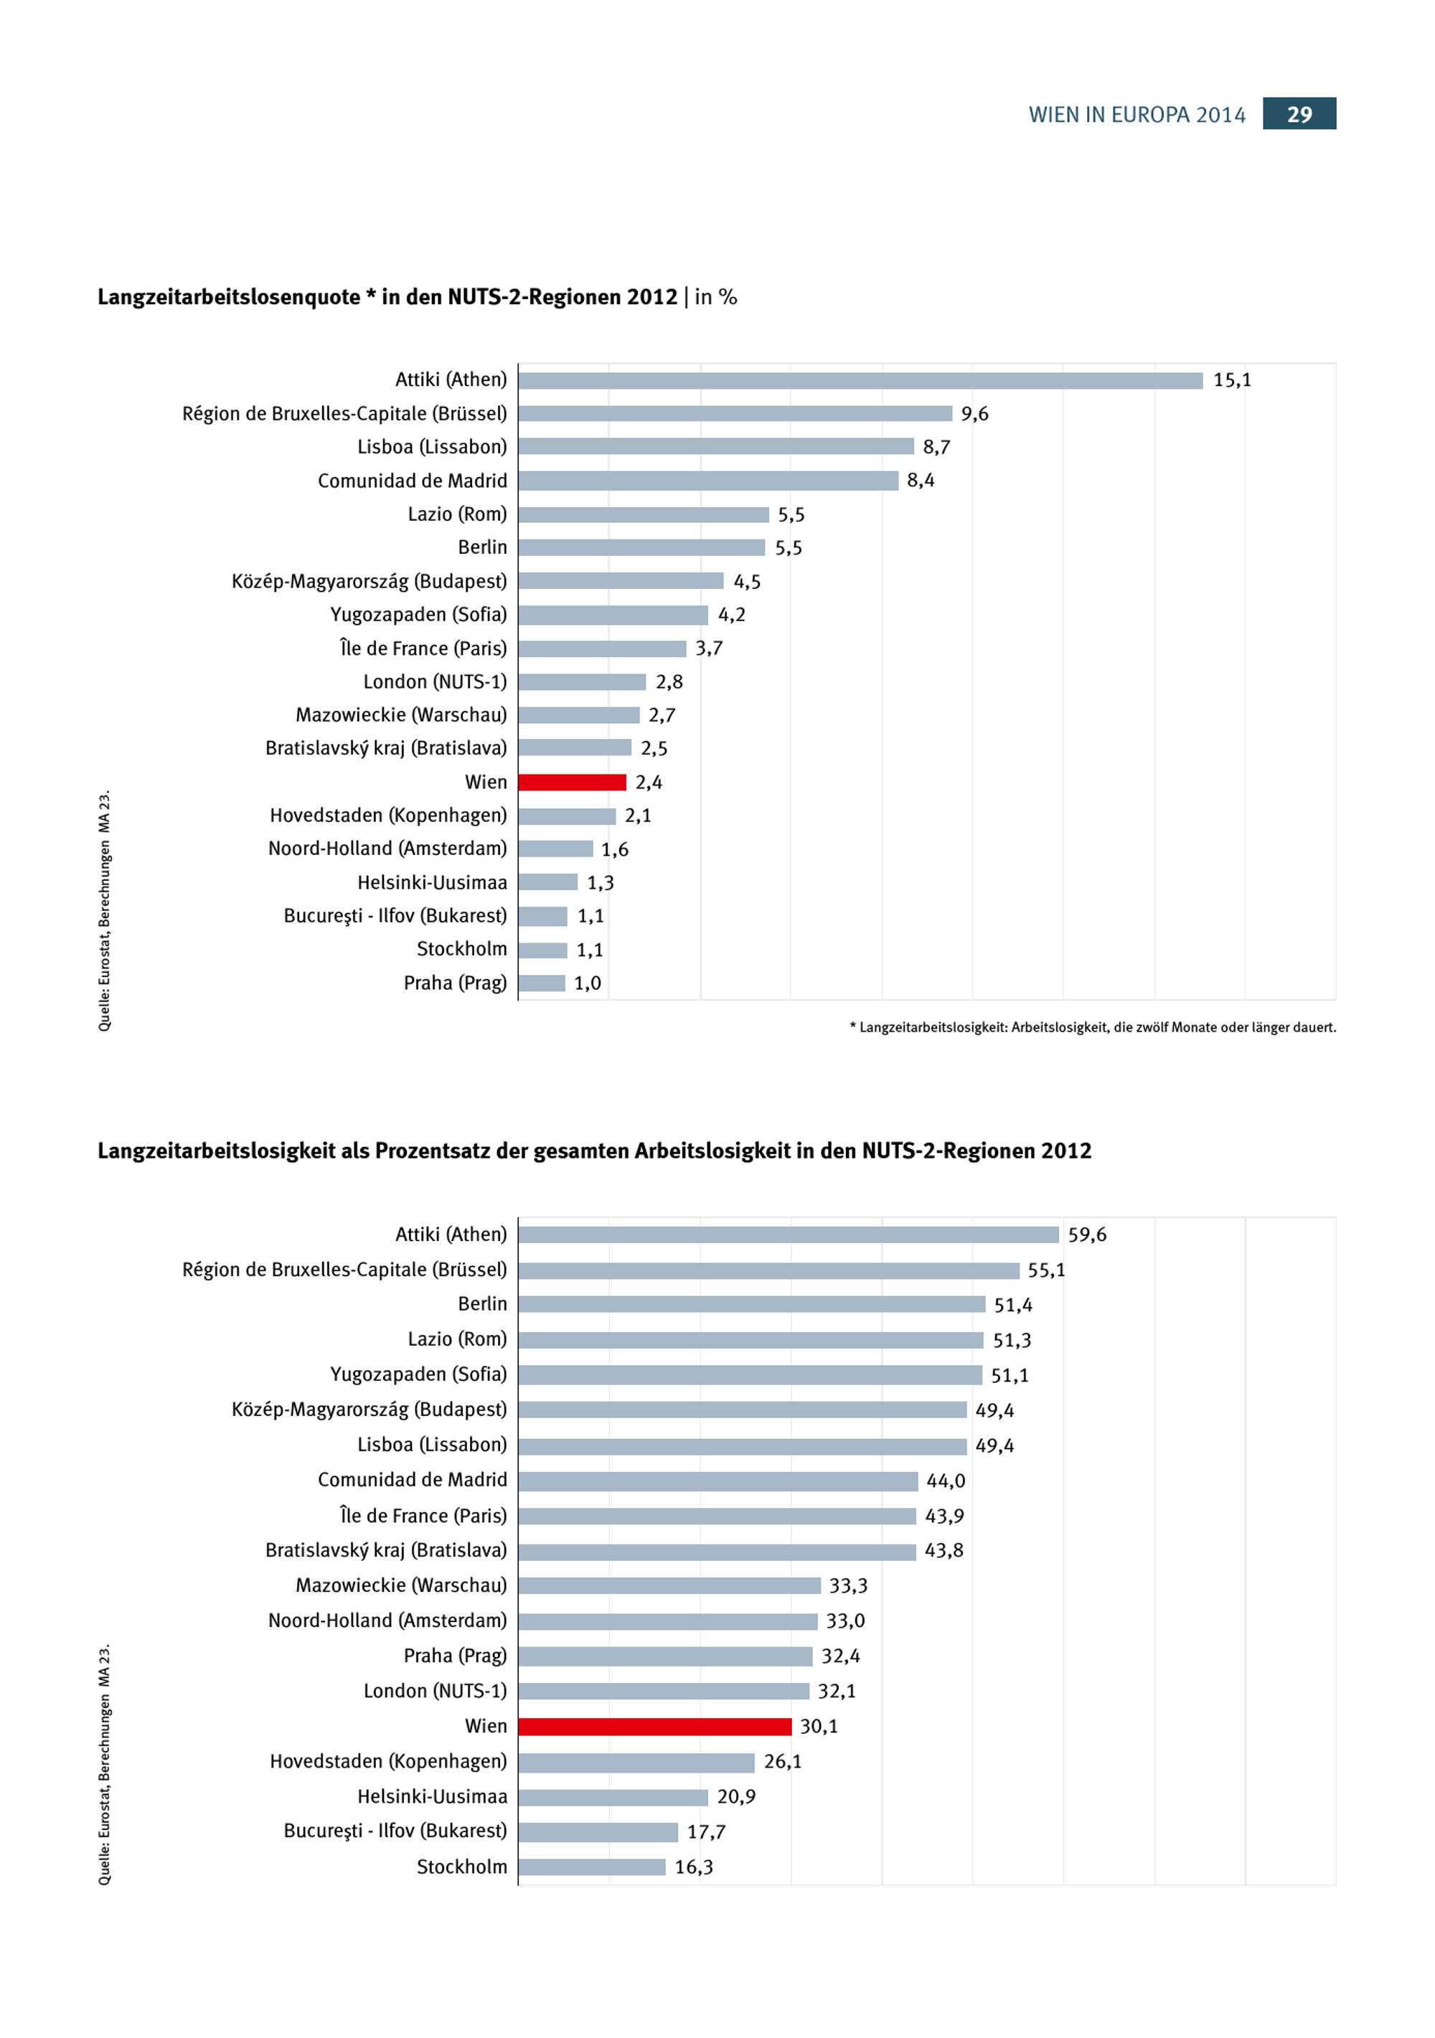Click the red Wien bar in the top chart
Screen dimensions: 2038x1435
click(572, 782)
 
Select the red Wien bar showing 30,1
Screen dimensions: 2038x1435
click(654, 1727)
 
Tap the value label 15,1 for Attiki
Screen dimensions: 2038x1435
click(1232, 380)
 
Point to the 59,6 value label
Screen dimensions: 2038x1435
click(1087, 1235)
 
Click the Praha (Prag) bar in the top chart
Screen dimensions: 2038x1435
click(542, 983)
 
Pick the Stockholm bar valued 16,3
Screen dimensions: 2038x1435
click(591, 1867)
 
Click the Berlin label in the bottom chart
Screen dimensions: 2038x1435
click(482, 1304)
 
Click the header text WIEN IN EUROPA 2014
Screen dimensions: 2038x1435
click(1137, 115)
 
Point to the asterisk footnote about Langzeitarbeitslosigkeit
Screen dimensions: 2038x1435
click(1092, 1027)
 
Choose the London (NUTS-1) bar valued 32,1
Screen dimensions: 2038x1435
click(664, 1691)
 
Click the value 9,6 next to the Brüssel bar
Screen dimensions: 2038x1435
click(974, 414)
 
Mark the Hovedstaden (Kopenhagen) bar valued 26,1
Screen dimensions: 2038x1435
click(636, 1762)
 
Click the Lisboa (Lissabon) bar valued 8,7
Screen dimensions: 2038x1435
click(716, 446)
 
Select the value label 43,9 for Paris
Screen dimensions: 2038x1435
click(944, 1516)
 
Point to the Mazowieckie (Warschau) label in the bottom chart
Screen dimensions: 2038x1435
click(400, 1585)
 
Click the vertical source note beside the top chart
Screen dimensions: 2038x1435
click(105, 910)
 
